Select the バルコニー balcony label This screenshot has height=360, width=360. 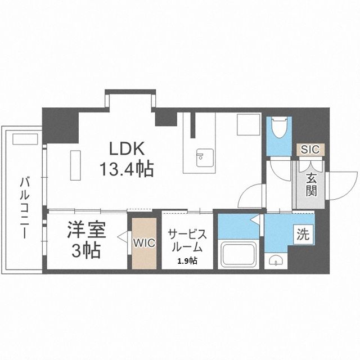click(x=24, y=208)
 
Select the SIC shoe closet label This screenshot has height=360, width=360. click(x=309, y=150)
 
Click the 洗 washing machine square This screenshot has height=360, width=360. click(x=304, y=235)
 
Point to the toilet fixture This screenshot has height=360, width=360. click(x=278, y=130)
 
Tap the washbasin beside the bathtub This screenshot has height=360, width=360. click(x=276, y=259)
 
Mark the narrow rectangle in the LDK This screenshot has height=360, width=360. click(x=74, y=164)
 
